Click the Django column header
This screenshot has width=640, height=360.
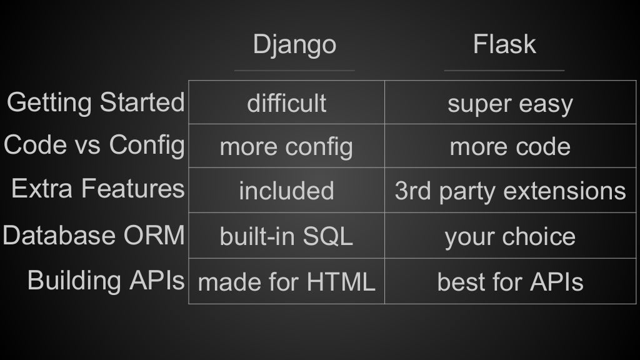click(294, 45)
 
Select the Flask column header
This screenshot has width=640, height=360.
click(504, 45)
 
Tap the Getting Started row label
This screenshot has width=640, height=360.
click(96, 102)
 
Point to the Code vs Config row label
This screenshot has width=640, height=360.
click(94, 145)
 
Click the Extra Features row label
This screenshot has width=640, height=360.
click(98, 188)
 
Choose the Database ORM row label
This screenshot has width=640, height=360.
click(94, 236)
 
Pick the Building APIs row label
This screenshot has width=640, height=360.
click(106, 280)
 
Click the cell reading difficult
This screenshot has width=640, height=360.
click(286, 103)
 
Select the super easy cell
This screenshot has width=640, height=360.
click(510, 104)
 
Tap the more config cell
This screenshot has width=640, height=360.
click(286, 147)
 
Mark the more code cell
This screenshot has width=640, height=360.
click(510, 147)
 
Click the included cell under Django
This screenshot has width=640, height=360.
click(286, 191)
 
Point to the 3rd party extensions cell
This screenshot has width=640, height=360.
click(510, 191)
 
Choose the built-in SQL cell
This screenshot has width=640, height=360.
click(286, 236)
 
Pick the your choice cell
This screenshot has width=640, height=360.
click(510, 236)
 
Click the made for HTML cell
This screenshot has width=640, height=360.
click(286, 282)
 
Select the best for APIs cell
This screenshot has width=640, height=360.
click(510, 282)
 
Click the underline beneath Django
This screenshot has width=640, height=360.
click(294, 70)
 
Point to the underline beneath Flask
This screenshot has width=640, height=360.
click(504, 70)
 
